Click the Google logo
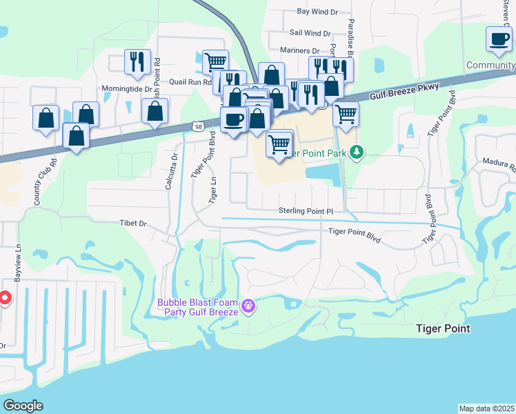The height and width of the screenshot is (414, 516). [23, 406]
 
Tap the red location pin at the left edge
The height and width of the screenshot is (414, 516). [3, 298]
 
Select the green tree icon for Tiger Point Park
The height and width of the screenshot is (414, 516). [356, 152]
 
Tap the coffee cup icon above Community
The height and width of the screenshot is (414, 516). [499, 39]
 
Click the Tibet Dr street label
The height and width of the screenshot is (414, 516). [134, 224]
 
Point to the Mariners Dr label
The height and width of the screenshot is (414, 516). [300, 50]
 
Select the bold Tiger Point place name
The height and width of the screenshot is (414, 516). [443, 328]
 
